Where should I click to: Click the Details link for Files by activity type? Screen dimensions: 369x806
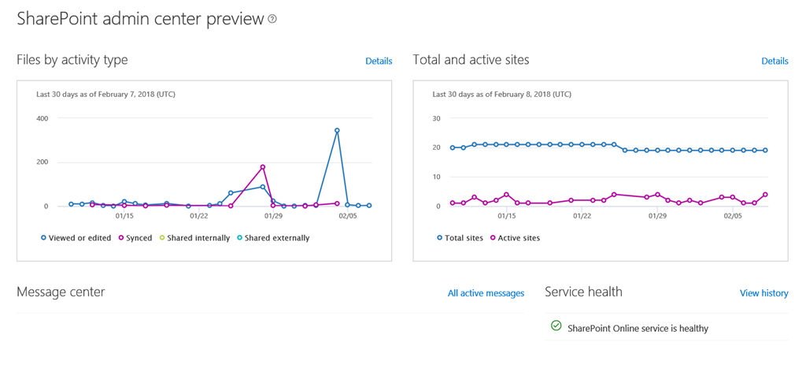click(379, 61)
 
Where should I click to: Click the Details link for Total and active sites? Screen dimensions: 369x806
click(775, 61)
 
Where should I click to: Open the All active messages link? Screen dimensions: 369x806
click(486, 293)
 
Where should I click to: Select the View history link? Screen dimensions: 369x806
click(763, 293)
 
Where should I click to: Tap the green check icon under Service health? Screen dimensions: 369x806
click(556, 326)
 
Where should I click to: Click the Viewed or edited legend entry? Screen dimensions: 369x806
click(78, 238)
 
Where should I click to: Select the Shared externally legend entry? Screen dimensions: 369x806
click(276, 238)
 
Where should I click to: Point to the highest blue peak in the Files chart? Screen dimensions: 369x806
click(337, 131)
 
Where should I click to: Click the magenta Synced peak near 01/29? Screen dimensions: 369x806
click(263, 167)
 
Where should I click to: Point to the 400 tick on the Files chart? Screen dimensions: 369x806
click(41, 118)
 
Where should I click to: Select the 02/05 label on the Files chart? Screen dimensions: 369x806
click(347, 215)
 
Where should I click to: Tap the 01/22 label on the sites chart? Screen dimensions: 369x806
click(582, 215)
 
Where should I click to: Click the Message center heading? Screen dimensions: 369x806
click(61, 292)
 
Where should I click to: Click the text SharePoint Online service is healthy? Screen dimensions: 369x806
click(638, 328)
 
